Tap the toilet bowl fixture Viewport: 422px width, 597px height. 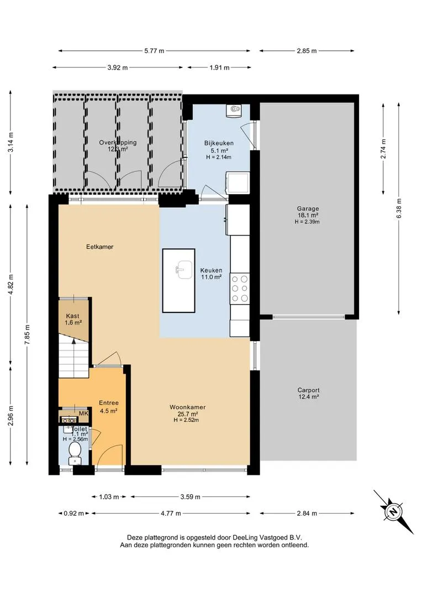point(75,454)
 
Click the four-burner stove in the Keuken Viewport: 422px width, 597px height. point(240,289)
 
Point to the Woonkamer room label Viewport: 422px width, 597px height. point(188,407)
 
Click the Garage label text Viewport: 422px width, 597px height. point(308,208)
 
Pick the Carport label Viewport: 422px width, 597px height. point(308,390)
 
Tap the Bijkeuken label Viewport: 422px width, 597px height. point(219,143)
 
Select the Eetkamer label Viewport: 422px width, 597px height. point(99,247)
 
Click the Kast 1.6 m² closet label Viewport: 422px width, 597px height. point(73,319)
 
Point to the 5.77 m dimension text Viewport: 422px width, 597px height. point(154,51)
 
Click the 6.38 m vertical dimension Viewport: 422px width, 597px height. point(399,208)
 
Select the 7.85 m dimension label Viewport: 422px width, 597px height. point(27,335)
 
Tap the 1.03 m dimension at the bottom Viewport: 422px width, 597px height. point(109,496)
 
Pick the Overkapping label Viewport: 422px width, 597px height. point(118,143)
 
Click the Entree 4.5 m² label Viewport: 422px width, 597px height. point(109,407)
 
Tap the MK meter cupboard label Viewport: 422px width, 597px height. point(83,413)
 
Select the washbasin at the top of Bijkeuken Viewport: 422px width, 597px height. point(234,111)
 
